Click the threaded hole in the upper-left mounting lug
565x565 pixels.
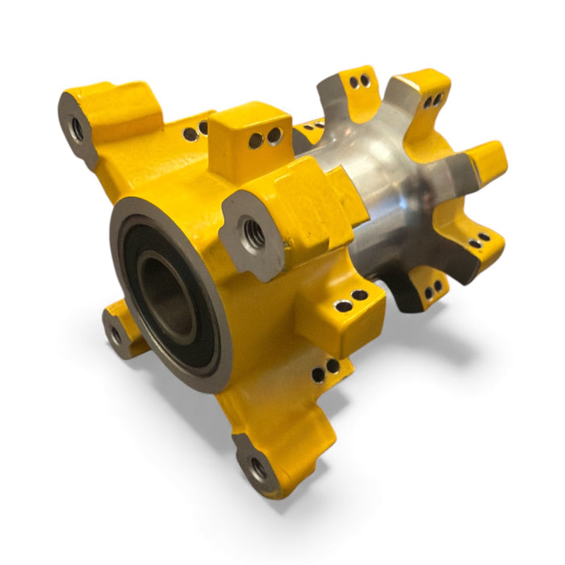(x=78, y=128)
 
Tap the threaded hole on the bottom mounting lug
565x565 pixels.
(x=257, y=467)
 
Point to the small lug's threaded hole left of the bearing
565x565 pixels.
(x=116, y=332)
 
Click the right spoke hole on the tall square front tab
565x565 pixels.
(x=274, y=136)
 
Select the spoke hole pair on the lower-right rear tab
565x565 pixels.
(x=478, y=241)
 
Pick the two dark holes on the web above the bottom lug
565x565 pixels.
(x=327, y=366)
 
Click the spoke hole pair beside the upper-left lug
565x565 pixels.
(x=195, y=131)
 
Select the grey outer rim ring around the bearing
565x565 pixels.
(x=121, y=242)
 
